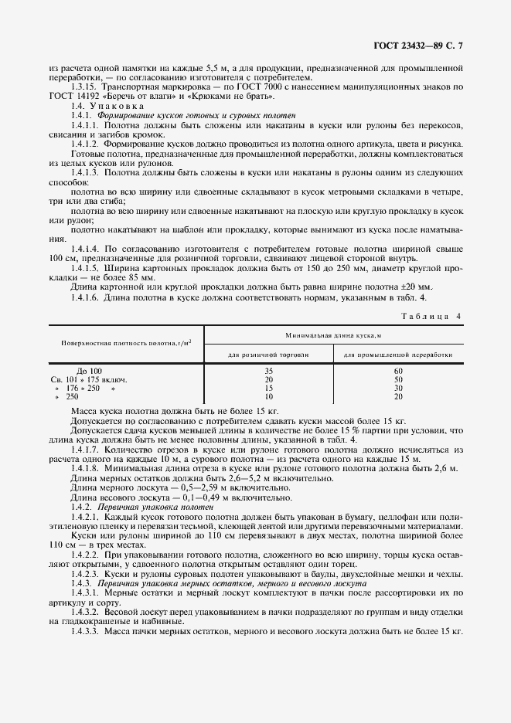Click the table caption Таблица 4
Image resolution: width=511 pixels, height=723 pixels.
pyautogui.click(x=431, y=316)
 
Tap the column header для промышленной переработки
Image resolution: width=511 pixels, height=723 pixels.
pyautogui.click(x=398, y=355)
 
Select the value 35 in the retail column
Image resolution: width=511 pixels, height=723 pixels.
pyautogui.click(x=268, y=371)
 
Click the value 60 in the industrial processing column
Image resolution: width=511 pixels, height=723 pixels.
pyautogui.click(x=398, y=371)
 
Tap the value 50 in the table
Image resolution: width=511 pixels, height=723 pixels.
pyautogui.click(x=398, y=379)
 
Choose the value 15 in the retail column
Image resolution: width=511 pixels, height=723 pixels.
pyautogui.click(x=268, y=388)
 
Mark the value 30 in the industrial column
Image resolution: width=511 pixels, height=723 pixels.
pyautogui.click(x=398, y=388)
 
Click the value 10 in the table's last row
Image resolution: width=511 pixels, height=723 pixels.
pyautogui.click(x=268, y=396)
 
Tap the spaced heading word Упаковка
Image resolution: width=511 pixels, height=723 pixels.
pyautogui.click(x=117, y=104)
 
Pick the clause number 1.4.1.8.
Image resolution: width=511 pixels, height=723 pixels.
pyautogui.click(x=86, y=469)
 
